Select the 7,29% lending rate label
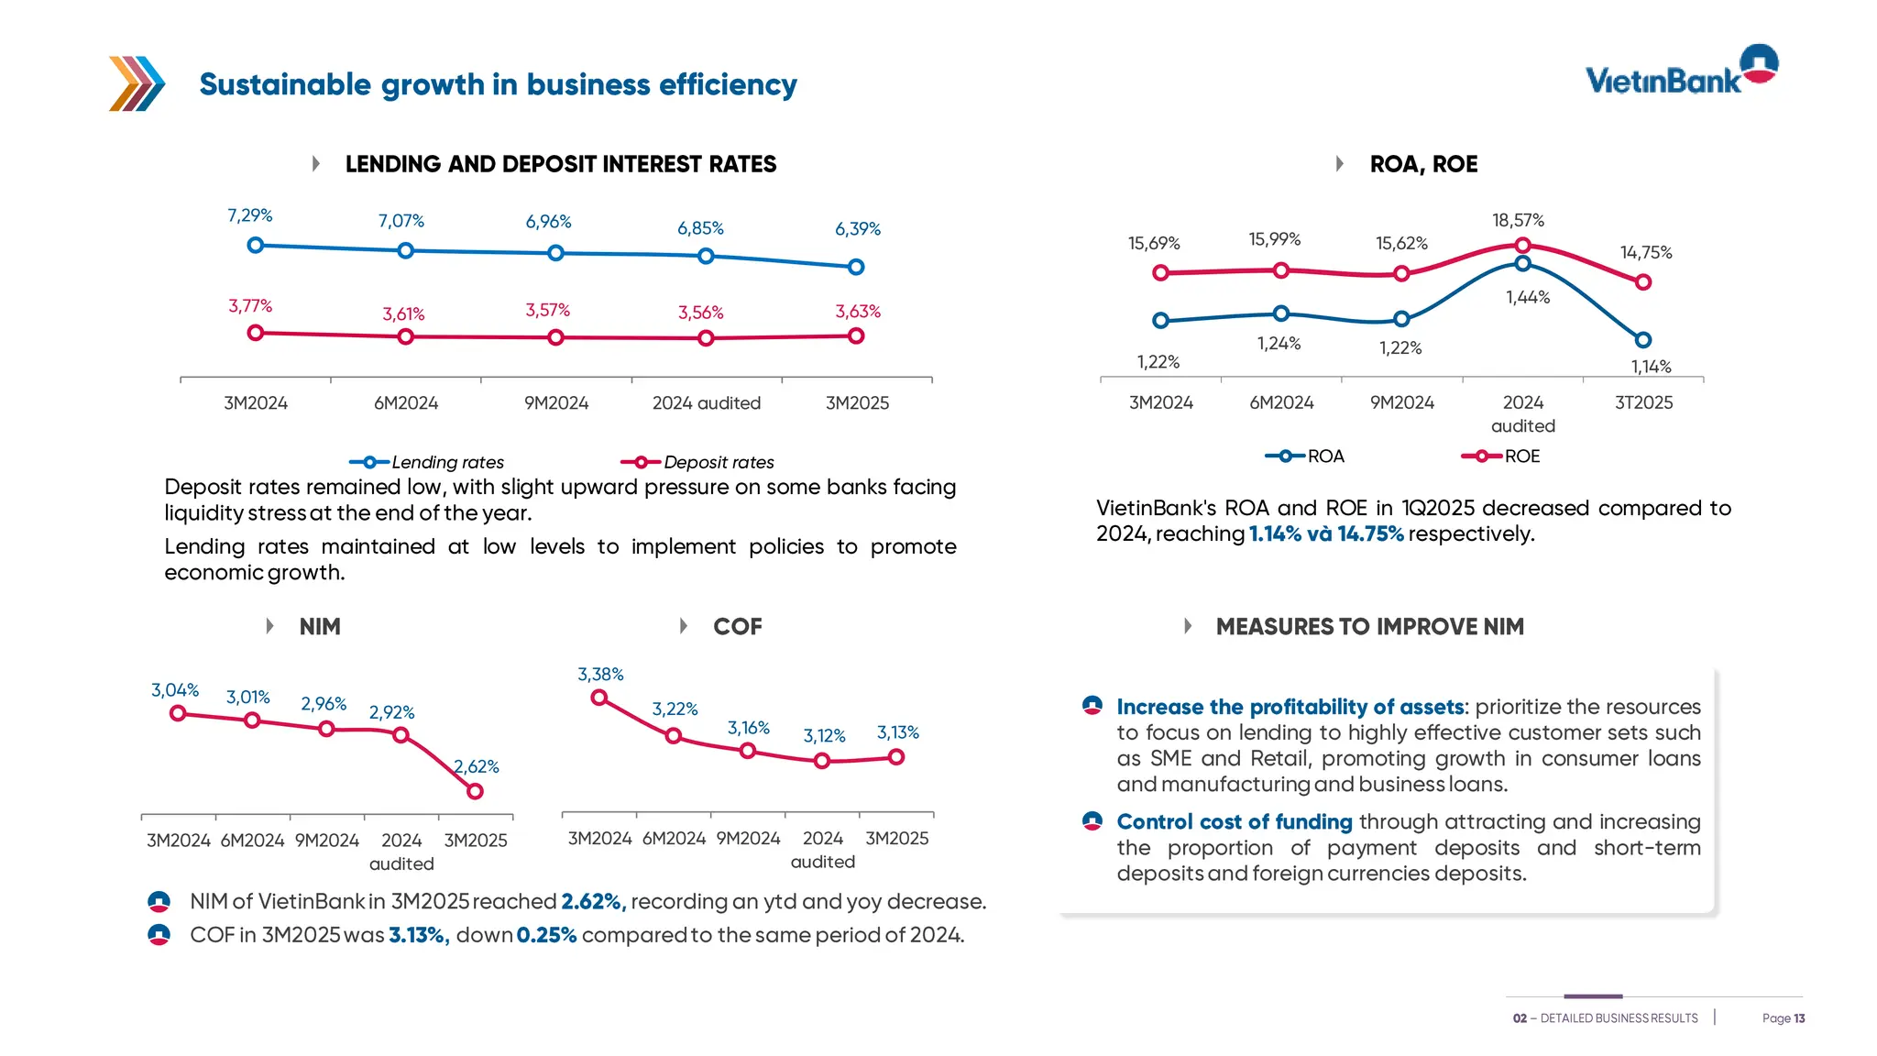tap(250, 215)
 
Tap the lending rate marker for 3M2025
tap(856, 267)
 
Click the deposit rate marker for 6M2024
tap(406, 336)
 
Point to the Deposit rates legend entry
tap(698, 462)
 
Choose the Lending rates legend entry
tap(427, 462)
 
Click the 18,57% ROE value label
tap(1518, 220)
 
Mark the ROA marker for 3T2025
tap(1643, 340)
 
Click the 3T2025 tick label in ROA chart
tap(1643, 402)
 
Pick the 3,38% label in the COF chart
tap(600, 675)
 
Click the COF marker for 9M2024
tap(748, 751)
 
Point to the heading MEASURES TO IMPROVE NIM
tap(1369, 626)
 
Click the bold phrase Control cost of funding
tap(1234, 822)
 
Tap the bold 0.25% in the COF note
tap(546, 935)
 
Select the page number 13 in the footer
tap(1799, 1018)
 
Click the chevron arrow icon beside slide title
tap(137, 83)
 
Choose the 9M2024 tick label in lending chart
tap(556, 403)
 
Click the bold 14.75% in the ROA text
tap(1370, 534)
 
